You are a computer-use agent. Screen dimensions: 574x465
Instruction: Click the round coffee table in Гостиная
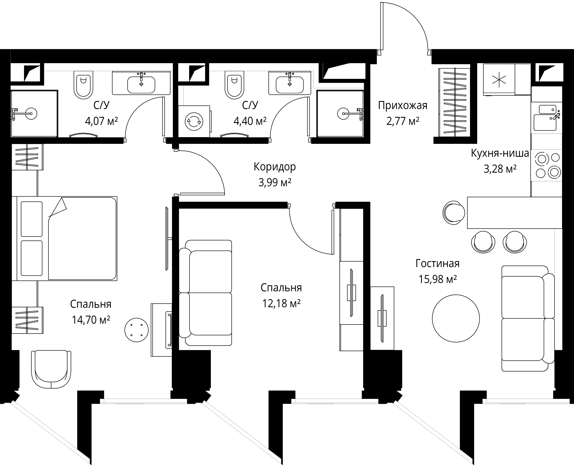[456, 318]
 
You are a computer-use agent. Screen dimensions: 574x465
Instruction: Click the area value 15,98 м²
[437, 279]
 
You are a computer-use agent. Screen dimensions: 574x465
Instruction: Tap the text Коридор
[275, 167]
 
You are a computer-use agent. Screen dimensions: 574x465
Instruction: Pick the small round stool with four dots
[137, 330]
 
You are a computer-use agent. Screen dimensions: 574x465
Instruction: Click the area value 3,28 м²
[500, 169]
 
